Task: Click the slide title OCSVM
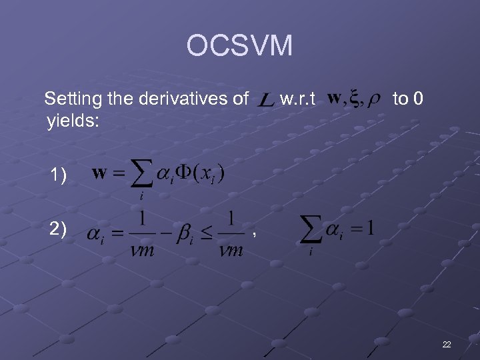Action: [x=239, y=46]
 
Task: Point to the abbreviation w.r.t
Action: [x=297, y=100]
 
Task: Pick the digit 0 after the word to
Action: [x=417, y=100]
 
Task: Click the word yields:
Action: [x=73, y=121]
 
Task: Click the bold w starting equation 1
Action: [x=99, y=173]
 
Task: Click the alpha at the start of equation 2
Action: [x=96, y=235]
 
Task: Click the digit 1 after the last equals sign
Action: [x=370, y=227]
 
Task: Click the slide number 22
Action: [x=446, y=344]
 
